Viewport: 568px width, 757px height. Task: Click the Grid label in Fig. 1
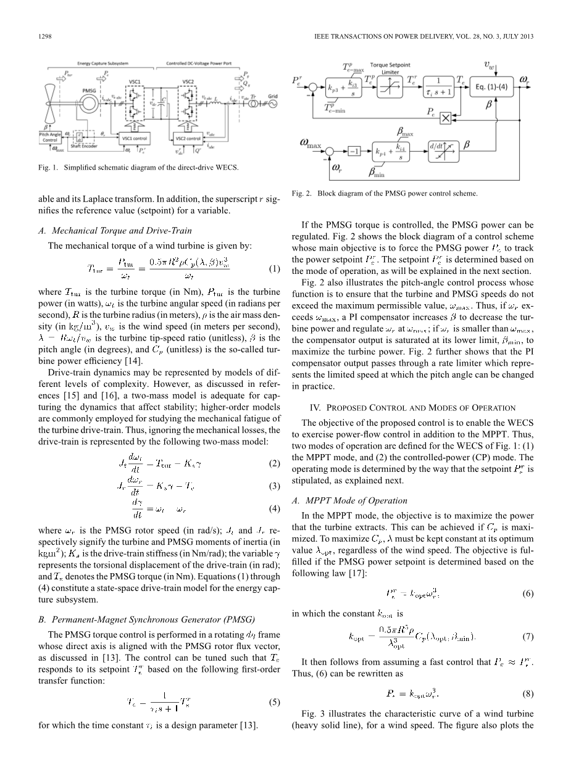272,97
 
